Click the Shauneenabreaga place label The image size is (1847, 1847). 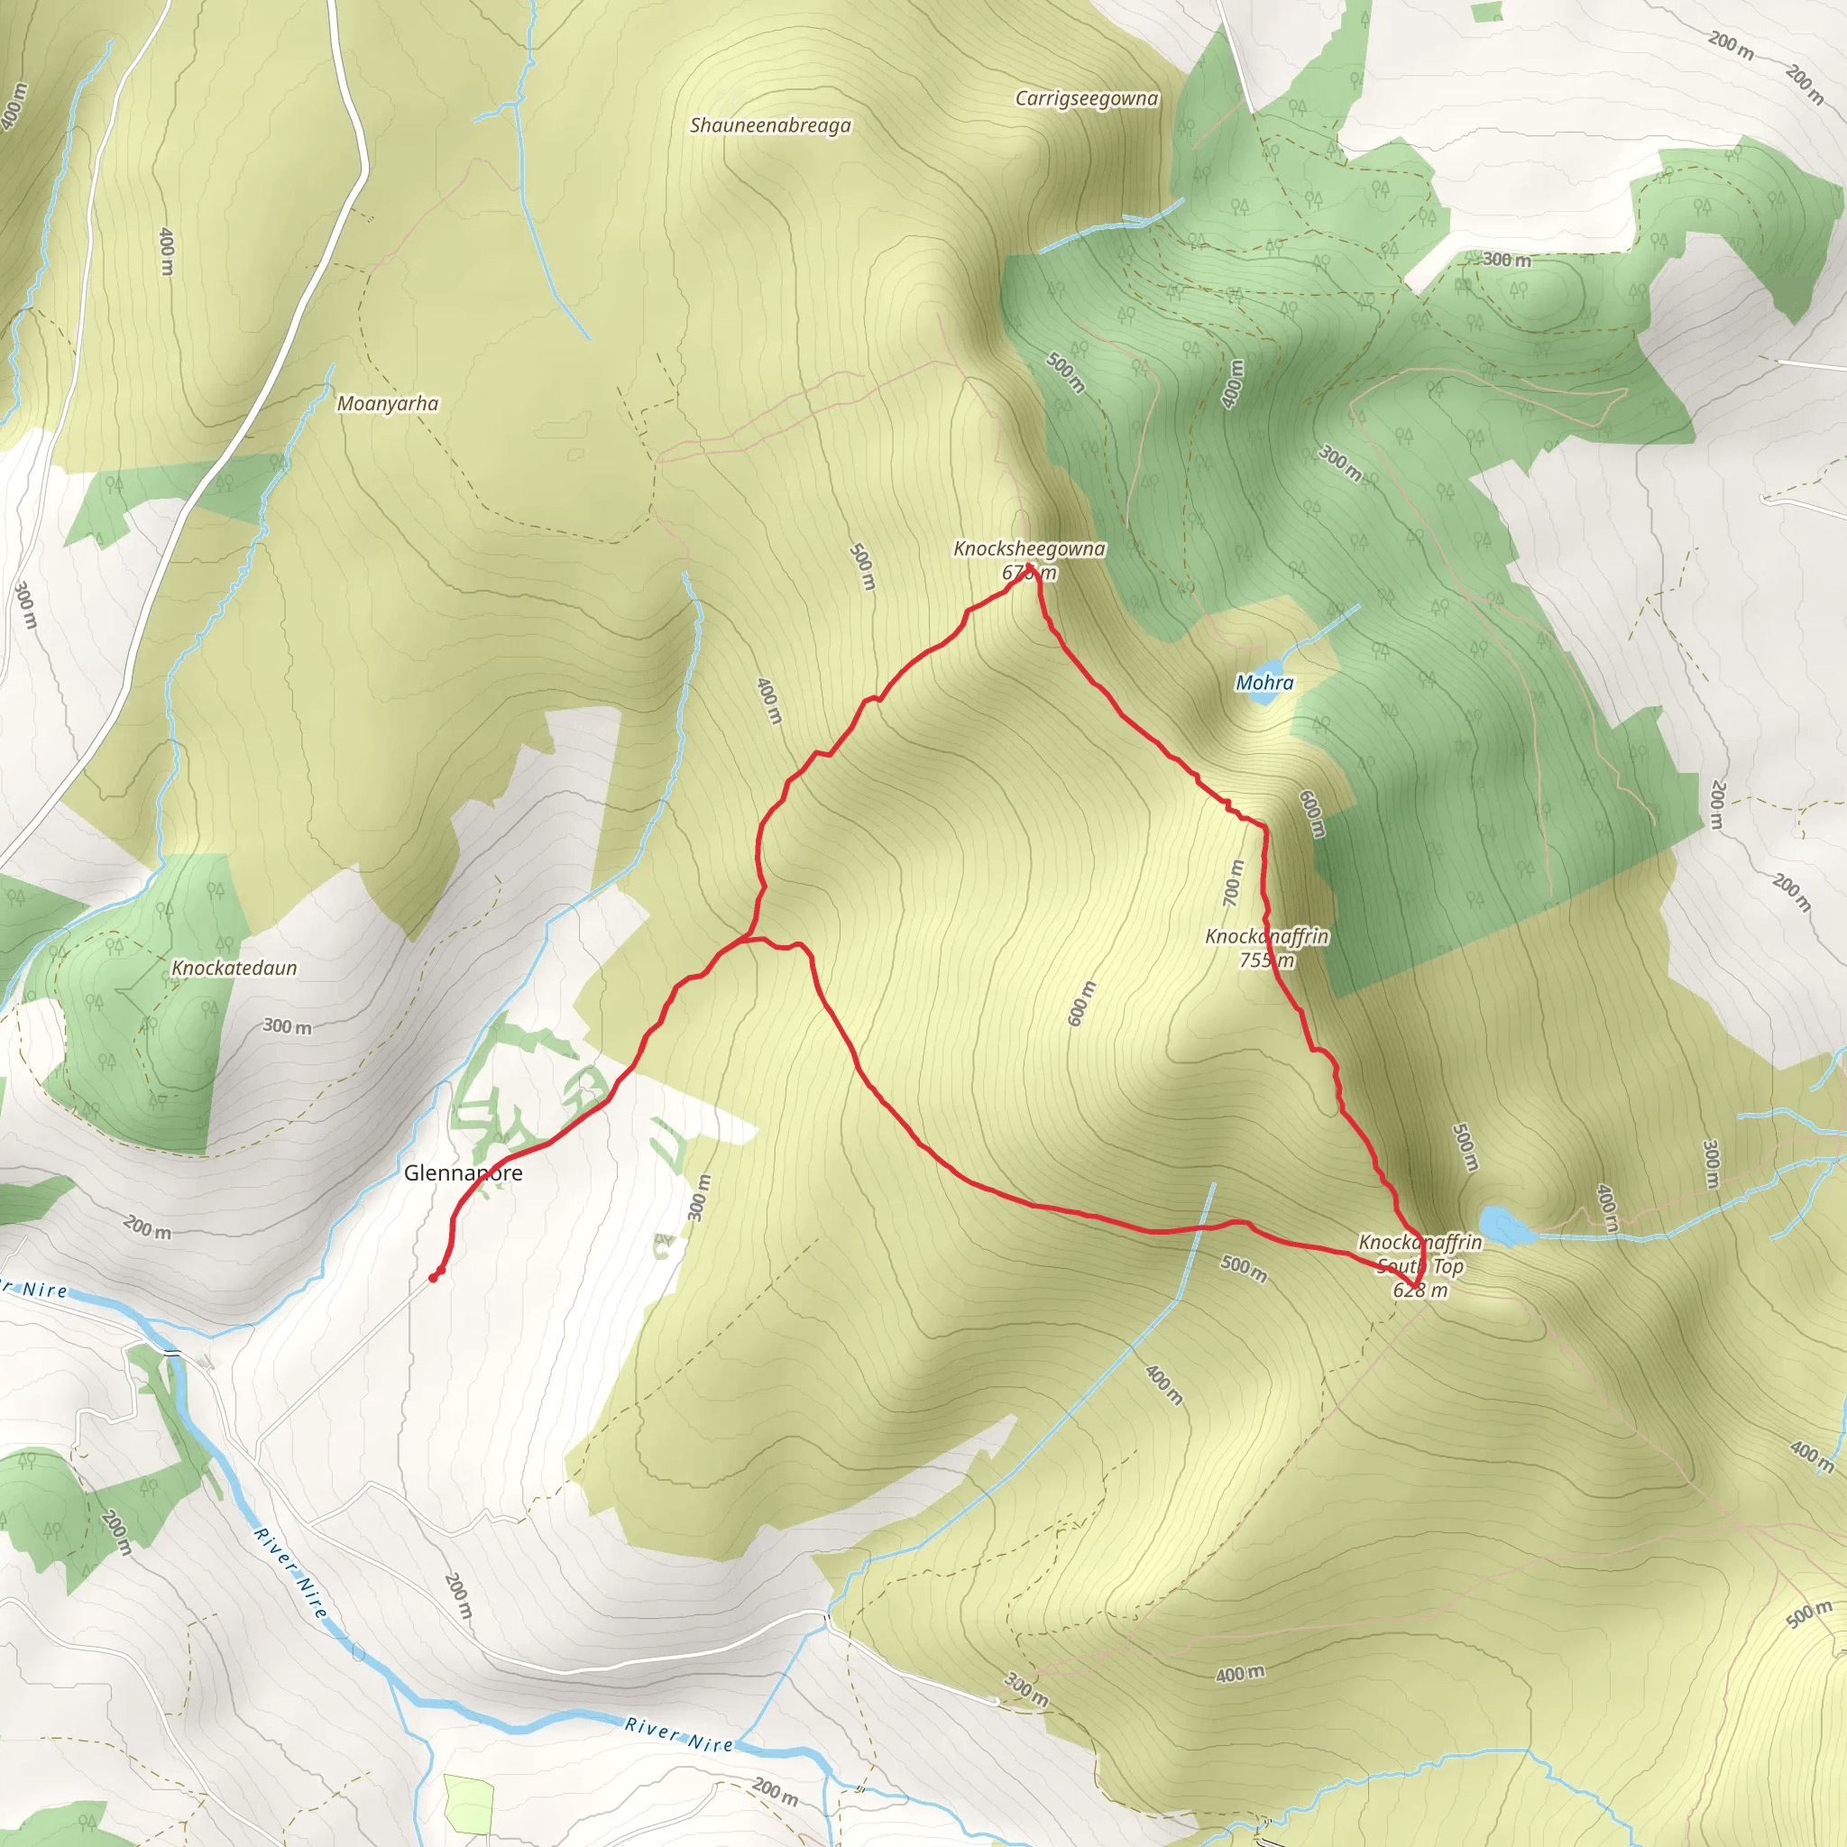coord(769,125)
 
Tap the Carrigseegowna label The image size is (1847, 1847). coord(1086,98)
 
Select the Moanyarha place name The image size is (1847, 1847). coord(387,403)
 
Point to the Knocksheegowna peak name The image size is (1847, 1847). coord(1029,548)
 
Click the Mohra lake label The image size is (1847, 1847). coord(1263,683)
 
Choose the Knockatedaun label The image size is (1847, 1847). coord(234,968)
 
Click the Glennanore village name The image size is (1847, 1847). coord(463,1173)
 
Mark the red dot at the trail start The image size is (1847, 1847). coord(433,1277)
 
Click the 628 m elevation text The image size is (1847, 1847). coord(1420,1291)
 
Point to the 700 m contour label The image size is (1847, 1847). coord(1233,882)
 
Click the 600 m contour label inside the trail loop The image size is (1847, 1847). coord(1081,1003)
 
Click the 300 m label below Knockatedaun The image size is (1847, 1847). coord(287,1026)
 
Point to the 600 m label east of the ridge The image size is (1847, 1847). coord(1311,813)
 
